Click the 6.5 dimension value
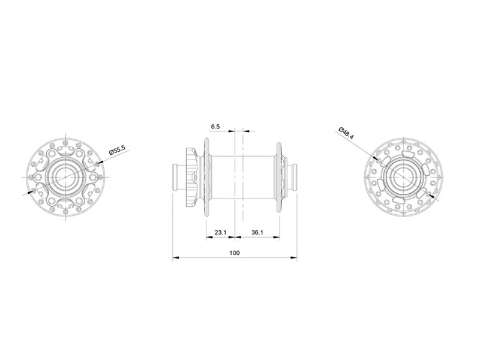point(216,127)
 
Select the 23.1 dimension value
point(220,232)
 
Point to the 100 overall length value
point(235,253)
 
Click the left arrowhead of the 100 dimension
point(175,259)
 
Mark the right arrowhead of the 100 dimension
point(295,259)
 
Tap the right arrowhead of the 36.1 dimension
point(277,237)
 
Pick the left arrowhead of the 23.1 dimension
point(208,237)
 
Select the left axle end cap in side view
point(177,178)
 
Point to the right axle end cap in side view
point(293,178)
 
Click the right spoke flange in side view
point(278,178)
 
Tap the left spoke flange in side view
point(206,178)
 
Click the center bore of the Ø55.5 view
point(67,175)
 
